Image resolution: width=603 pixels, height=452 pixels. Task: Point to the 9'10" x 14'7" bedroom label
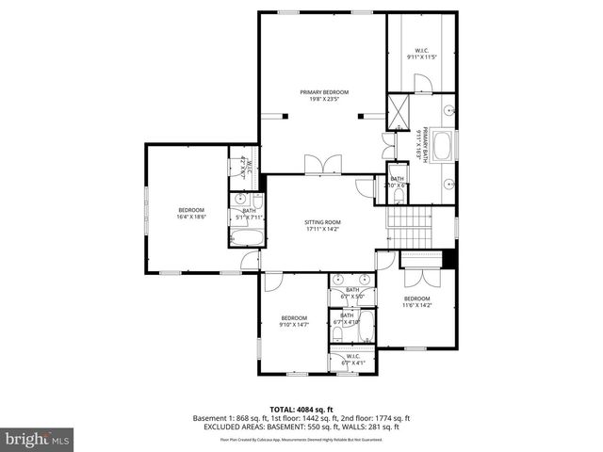click(294, 321)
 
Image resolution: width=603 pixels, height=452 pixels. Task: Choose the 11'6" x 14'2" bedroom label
click(416, 301)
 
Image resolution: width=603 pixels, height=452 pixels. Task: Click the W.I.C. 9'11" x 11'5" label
click(421, 53)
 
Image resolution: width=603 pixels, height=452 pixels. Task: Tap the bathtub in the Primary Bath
click(442, 147)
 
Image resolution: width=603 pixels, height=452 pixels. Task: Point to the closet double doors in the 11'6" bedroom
click(418, 276)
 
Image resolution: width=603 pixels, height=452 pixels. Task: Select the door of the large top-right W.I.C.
click(424, 85)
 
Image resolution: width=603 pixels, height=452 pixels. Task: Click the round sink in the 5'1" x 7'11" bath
click(241, 201)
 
